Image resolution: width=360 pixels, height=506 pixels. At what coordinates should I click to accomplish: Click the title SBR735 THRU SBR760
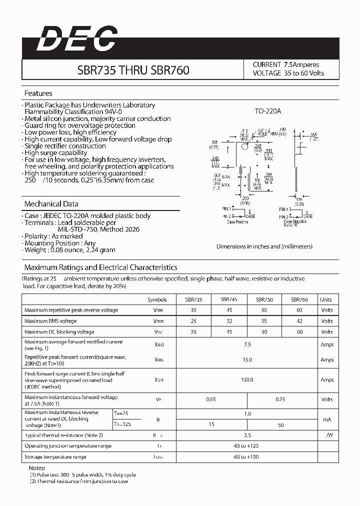pyautogui.click(x=133, y=70)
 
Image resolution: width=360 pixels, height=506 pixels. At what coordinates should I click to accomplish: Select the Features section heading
pyautogui.click(x=38, y=93)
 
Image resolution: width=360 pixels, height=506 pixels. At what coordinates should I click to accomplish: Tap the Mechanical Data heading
pyautogui.click(x=51, y=204)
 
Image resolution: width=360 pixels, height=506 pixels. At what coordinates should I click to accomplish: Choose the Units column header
pyautogui.click(x=326, y=299)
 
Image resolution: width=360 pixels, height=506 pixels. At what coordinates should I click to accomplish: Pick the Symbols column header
pyautogui.click(x=157, y=299)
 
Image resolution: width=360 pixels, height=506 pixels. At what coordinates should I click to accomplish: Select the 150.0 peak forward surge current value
pyautogui.click(x=247, y=379)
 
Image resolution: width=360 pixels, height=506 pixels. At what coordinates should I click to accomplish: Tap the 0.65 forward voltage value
pyautogui.click(x=211, y=399)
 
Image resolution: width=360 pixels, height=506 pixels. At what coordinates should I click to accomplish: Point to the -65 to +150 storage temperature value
pyautogui.click(x=247, y=456)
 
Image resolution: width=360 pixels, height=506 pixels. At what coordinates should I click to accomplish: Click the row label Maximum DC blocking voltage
pyautogui.click(x=59, y=332)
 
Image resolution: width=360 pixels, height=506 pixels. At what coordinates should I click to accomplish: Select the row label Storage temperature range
pyautogui.click(x=55, y=456)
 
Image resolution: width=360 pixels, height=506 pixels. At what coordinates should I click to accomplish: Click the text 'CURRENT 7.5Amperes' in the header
pyautogui.click(x=285, y=64)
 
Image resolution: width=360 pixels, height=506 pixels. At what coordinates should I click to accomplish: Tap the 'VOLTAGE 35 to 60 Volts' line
pyautogui.click(x=288, y=73)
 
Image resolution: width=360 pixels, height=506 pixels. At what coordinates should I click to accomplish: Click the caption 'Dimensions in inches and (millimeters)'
pyautogui.click(x=264, y=246)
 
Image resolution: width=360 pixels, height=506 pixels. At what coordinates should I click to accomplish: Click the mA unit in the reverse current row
pyautogui.click(x=327, y=419)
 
